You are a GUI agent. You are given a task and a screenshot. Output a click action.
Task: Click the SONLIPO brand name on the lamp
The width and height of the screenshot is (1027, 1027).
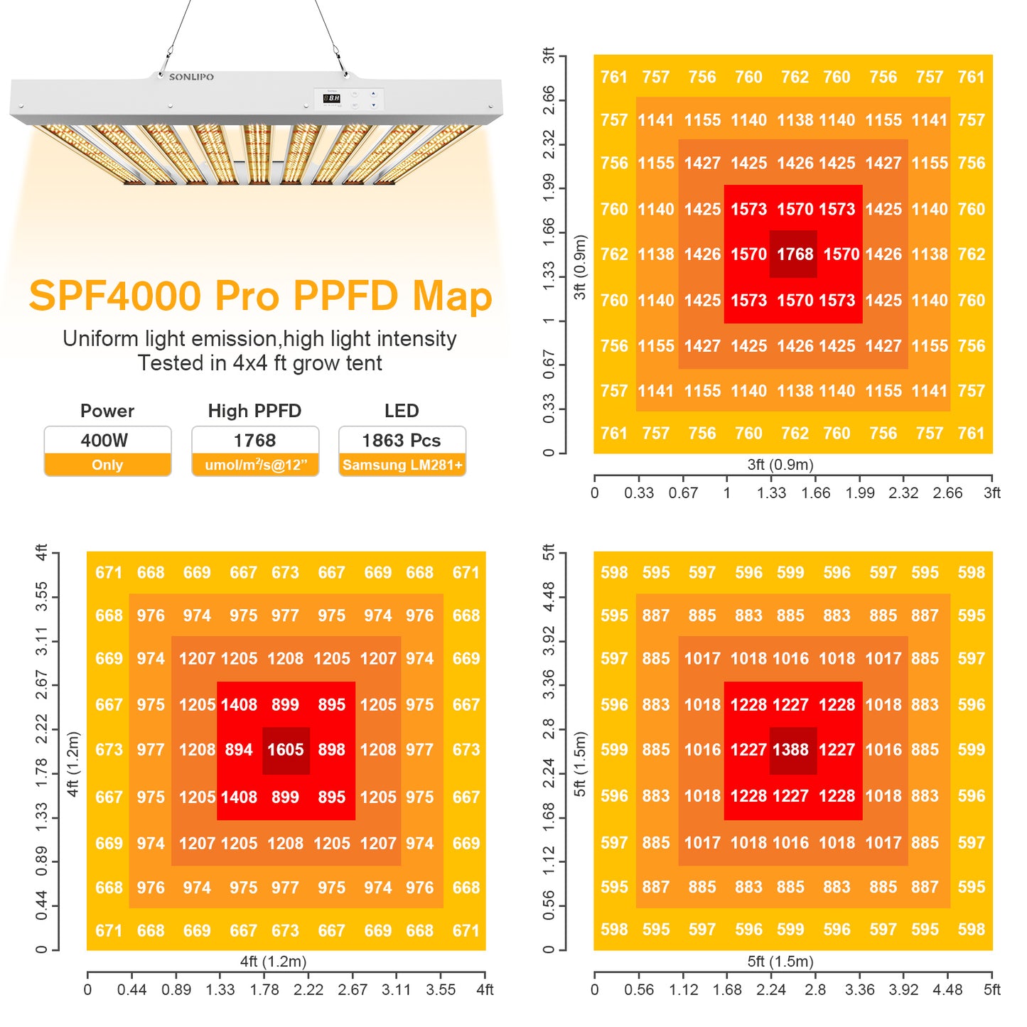(191, 77)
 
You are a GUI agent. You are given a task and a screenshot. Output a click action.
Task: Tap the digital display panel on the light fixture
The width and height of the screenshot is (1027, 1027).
(332, 98)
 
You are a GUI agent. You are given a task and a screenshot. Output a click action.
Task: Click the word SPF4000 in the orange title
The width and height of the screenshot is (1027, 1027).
(115, 296)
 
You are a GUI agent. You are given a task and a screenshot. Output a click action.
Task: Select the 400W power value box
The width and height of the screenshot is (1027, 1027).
(107, 441)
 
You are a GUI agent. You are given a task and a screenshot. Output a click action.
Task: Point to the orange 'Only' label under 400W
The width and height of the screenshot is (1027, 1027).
(107, 465)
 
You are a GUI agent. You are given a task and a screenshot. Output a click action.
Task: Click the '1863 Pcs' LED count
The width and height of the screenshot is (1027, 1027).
(402, 441)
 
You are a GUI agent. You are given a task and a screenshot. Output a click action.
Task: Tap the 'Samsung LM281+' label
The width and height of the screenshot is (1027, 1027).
(402, 465)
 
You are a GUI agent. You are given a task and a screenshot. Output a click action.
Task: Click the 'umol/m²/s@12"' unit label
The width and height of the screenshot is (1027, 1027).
(255, 465)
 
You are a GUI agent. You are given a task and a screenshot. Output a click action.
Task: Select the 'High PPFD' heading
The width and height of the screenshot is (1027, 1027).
(254, 411)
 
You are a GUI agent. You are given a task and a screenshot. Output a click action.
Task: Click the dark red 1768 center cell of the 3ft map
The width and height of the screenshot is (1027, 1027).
(794, 254)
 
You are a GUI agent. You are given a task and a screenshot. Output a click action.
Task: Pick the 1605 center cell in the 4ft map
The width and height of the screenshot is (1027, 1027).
(286, 750)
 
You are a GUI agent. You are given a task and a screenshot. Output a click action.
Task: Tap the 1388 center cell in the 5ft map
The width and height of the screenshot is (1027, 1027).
(791, 750)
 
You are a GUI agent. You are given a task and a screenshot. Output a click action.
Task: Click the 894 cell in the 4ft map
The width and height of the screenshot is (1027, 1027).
(239, 750)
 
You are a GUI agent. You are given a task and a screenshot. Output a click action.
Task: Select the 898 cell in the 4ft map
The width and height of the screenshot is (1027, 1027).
(332, 750)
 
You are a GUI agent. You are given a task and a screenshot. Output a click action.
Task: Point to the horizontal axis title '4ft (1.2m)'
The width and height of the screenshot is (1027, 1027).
(273, 962)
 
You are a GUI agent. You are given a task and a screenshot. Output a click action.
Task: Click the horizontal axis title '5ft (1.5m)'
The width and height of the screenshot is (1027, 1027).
(780, 962)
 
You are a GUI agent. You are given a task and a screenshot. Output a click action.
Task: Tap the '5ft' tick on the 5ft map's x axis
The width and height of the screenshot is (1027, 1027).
(991, 989)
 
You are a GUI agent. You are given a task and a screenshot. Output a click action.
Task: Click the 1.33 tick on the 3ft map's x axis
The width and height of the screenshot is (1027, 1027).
(771, 493)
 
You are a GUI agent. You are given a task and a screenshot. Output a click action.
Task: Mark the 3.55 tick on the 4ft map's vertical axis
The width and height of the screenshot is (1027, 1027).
(42, 596)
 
